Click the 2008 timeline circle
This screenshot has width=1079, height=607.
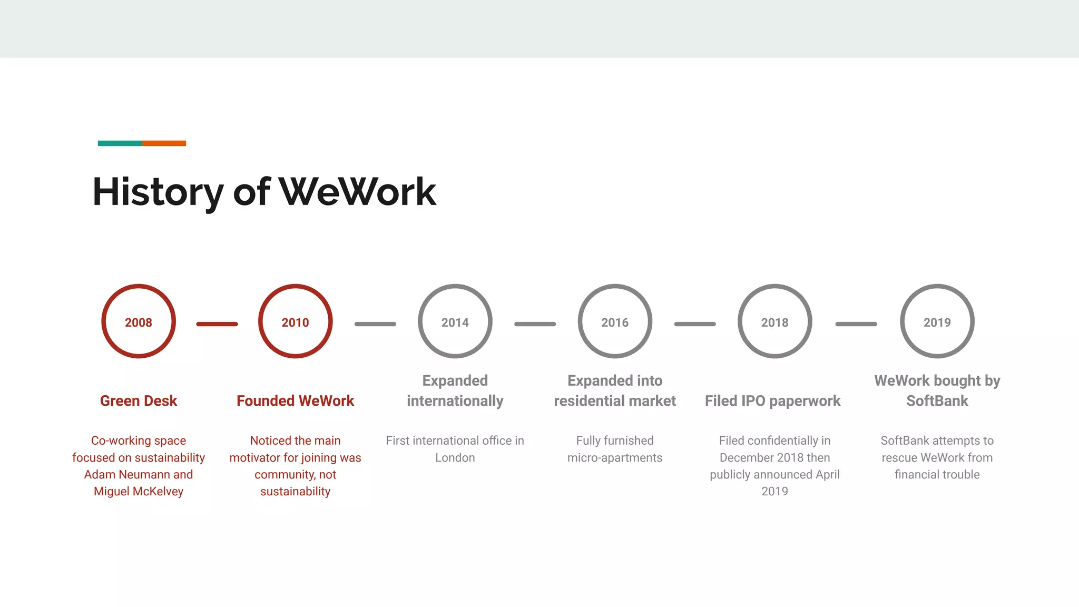pyautogui.click(x=139, y=321)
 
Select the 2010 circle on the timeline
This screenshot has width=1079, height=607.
pyautogui.click(x=295, y=321)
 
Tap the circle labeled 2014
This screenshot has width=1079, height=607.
pyautogui.click(x=455, y=321)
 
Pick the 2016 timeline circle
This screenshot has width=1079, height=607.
pyautogui.click(x=615, y=321)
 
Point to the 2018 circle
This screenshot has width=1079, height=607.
pyautogui.click(x=774, y=321)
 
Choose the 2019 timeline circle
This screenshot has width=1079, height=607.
pyautogui.click(x=937, y=321)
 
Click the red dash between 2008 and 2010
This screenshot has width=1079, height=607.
pyautogui.click(x=217, y=324)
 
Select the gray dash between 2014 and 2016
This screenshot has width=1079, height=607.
pyautogui.click(x=535, y=324)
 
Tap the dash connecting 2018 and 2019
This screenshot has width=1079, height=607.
pyautogui.click(x=856, y=324)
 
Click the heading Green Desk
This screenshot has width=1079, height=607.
pyautogui.click(x=139, y=401)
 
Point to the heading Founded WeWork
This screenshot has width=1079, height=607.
pyautogui.click(x=295, y=401)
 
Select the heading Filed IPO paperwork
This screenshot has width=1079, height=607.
pyautogui.click(x=772, y=401)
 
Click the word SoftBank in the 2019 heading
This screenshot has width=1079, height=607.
pyautogui.click(x=937, y=401)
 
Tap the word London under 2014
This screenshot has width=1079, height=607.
pyautogui.click(x=455, y=458)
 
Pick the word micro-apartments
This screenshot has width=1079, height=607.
pyautogui.click(x=615, y=458)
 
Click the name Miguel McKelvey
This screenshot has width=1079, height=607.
pyautogui.click(x=139, y=492)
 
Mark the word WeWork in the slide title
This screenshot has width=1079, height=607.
pyautogui.click(x=358, y=192)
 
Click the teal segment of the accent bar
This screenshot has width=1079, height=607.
pyautogui.click(x=120, y=143)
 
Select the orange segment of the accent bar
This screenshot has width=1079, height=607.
pyautogui.click(x=164, y=143)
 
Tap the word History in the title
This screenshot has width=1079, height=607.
pyautogui.click(x=158, y=192)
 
